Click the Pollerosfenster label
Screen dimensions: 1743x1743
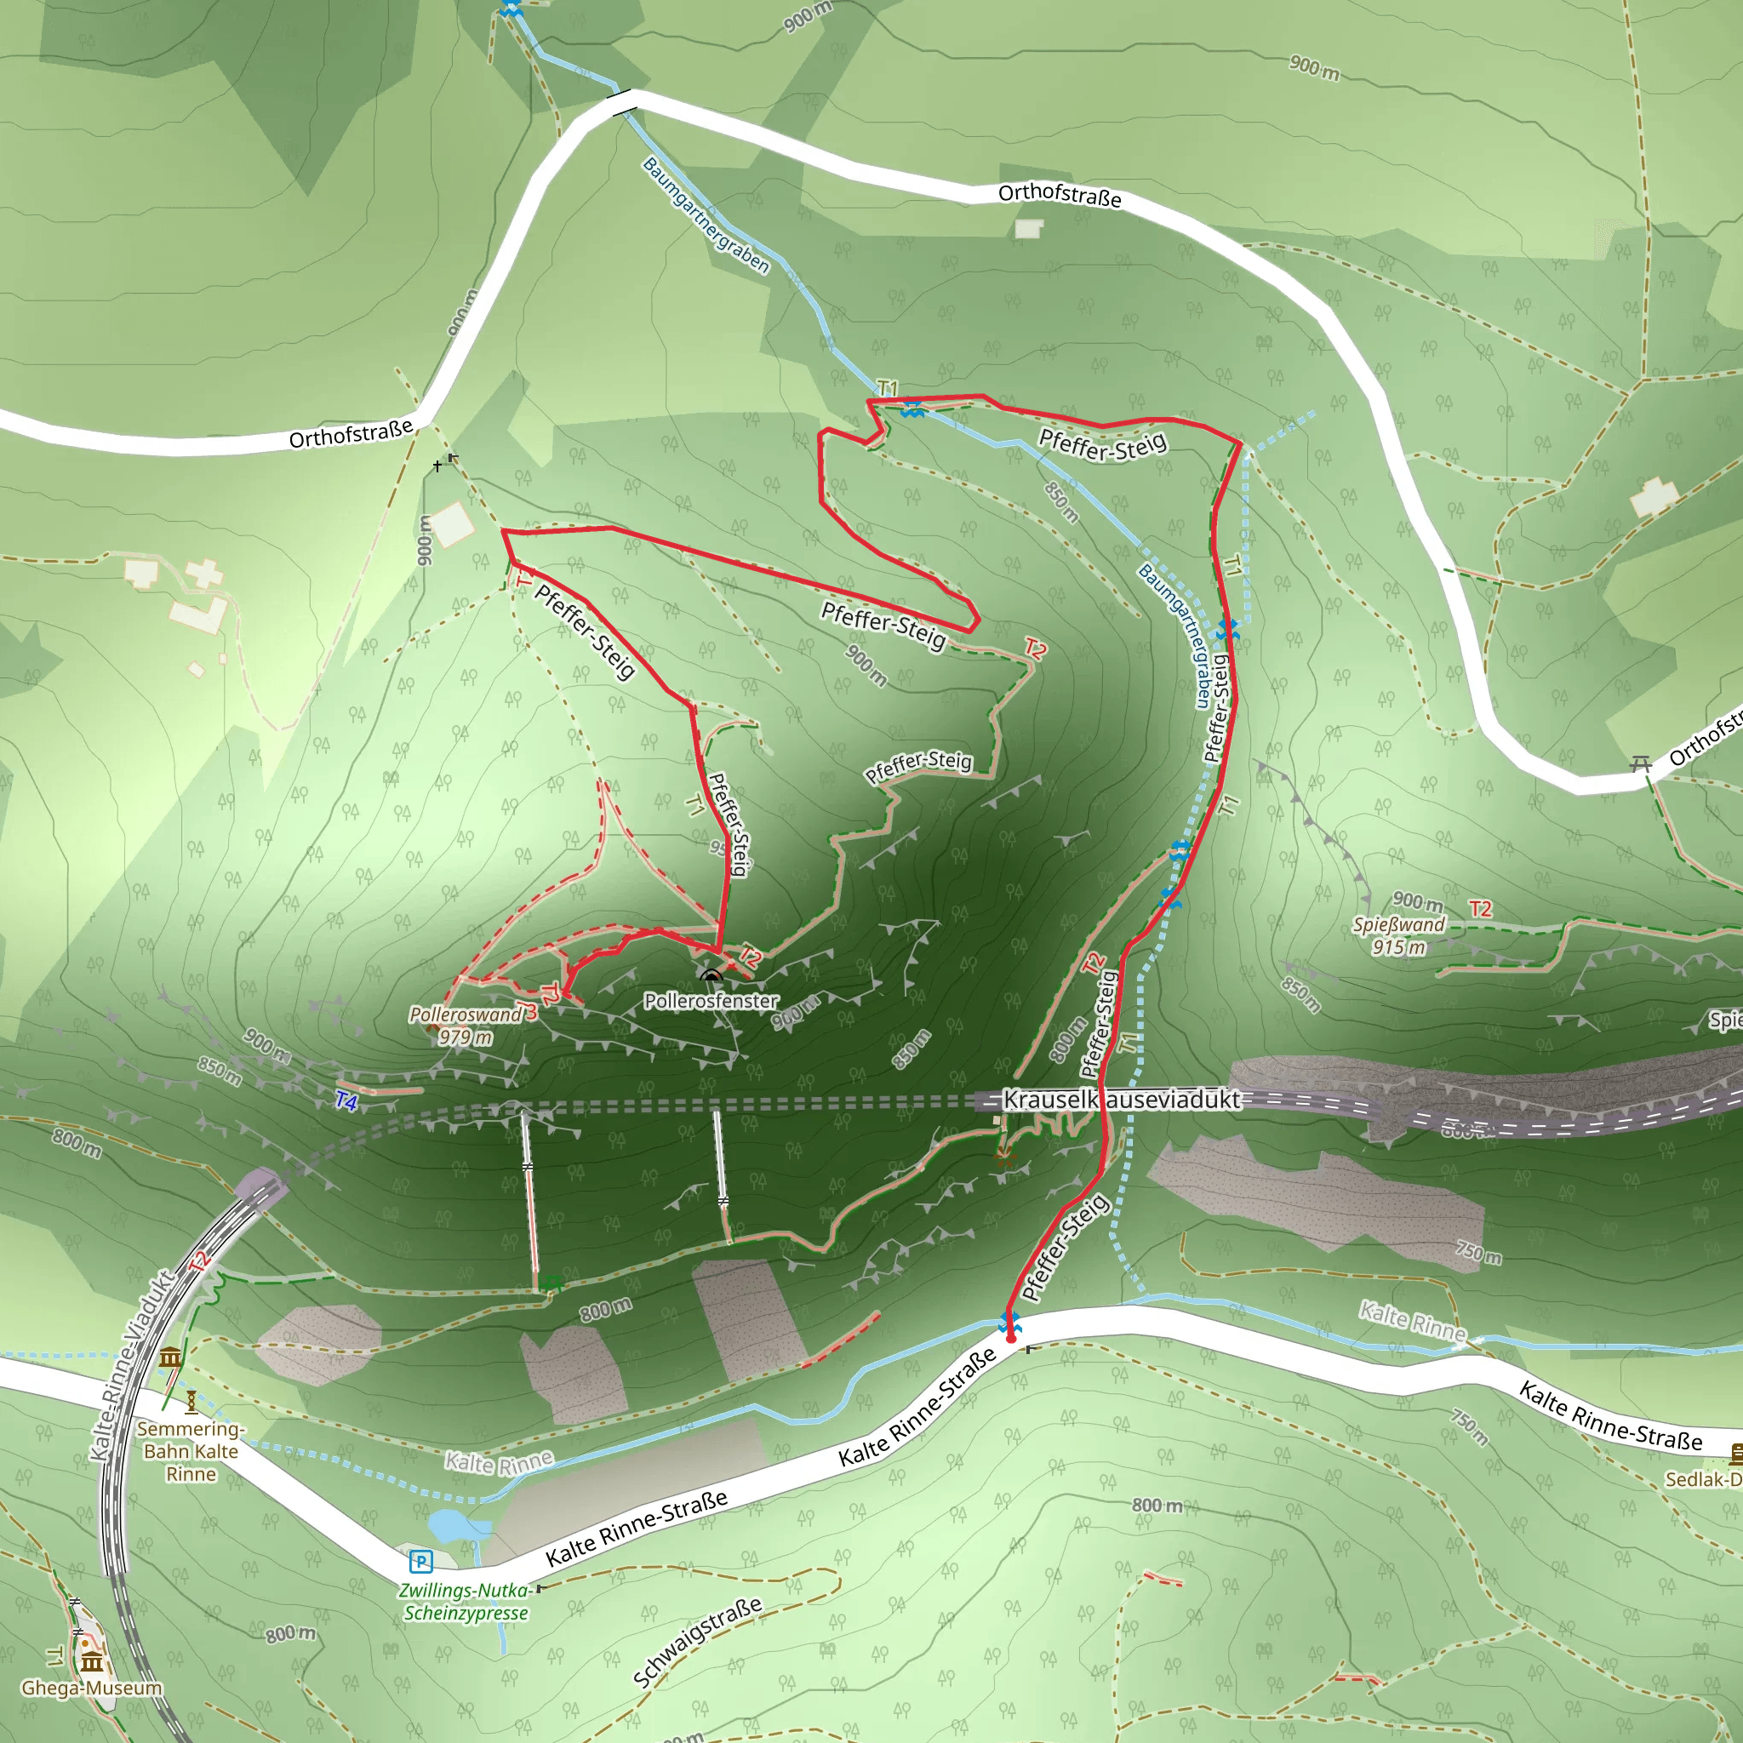(711, 1001)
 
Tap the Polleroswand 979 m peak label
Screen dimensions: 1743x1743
(466, 1026)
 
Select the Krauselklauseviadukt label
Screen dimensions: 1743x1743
(1122, 1100)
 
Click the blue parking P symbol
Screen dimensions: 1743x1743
(420, 1562)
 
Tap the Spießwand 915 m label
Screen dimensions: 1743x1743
(1398, 935)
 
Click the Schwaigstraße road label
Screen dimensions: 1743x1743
(697, 1642)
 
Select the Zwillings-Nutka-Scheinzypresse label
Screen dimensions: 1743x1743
(466, 1603)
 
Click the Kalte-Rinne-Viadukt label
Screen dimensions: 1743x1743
(132, 1366)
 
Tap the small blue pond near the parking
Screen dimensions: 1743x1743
(449, 1527)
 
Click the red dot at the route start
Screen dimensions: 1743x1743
(1010, 1339)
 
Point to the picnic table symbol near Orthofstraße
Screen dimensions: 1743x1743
(1640, 764)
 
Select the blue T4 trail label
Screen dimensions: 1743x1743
(346, 1100)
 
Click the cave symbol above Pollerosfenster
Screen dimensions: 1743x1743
(711, 975)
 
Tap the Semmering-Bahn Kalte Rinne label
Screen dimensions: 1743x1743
(191, 1451)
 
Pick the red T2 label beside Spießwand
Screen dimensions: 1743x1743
(1479, 908)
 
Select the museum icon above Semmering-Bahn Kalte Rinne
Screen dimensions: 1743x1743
(170, 1357)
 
